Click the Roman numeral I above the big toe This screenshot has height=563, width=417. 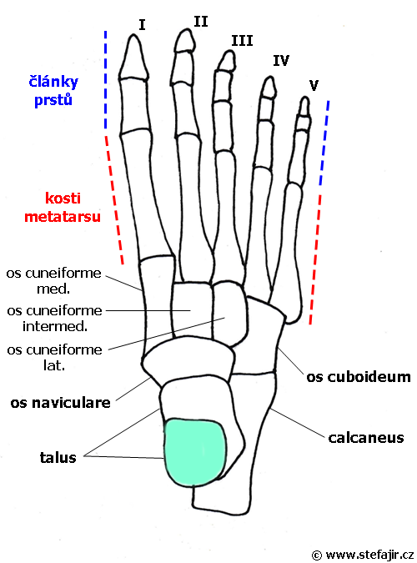tap(142, 25)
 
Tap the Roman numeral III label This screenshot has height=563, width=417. tap(242, 41)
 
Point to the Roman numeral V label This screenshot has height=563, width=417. tap(314, 85)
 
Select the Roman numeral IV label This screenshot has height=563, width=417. tap(281, 60)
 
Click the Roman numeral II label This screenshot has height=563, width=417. tap(201, 22)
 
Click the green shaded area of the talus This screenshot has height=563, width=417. tap(194, 452)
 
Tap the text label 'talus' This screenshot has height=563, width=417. tap(58, 457)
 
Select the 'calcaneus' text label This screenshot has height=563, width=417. tap(366, 438)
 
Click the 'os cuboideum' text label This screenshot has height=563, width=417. tap(359, 377)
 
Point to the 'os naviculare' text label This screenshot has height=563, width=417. tap(60, 403)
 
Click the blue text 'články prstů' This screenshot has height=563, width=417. tap(53, 91)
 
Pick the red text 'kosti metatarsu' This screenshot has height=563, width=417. tap(63, 208)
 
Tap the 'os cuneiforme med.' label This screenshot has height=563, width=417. tap(54, 281)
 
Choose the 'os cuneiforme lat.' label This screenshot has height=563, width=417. tap(54, 357)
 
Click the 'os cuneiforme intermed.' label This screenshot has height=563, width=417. tap(54, 318)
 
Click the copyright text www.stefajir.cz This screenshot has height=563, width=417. tap(363, 555)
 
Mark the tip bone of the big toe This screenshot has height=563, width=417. tap(133, 58)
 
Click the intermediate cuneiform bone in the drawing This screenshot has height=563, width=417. tap(190, 310)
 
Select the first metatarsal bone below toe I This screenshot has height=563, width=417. tap(147, 196)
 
